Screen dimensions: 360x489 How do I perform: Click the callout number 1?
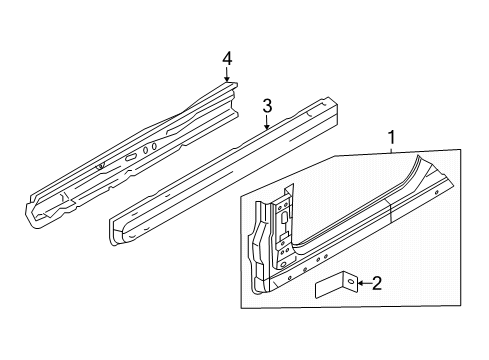point(392,137)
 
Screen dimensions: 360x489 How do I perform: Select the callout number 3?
point(267,107)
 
